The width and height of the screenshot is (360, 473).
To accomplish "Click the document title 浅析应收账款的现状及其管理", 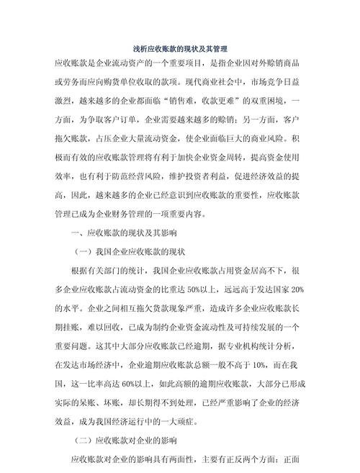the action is click(180, 49).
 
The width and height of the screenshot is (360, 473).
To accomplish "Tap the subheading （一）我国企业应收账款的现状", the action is click(130, 252).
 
